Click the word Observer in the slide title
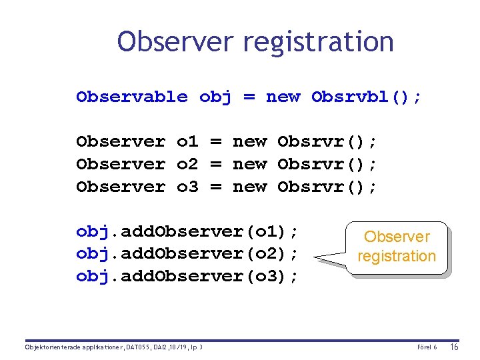coord(176,41)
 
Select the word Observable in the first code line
coord(132,97)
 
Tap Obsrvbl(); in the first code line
coord(366,97)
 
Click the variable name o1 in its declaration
coord(187,141)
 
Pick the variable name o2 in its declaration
coord(187,164)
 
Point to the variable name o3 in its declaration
coord(187,187)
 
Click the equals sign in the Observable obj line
coord(249,97)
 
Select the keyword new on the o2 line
coord(249,164)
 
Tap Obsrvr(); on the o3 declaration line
coord(327,187)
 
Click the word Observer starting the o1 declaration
coord(121,141)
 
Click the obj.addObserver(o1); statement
coord(187,231)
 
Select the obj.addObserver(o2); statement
coord(187,254)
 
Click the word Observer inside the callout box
coord(397,237)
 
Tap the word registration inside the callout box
coord(397,256)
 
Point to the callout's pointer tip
coord(314,257)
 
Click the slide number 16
coord(454,347)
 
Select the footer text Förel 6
coord(427,347)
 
